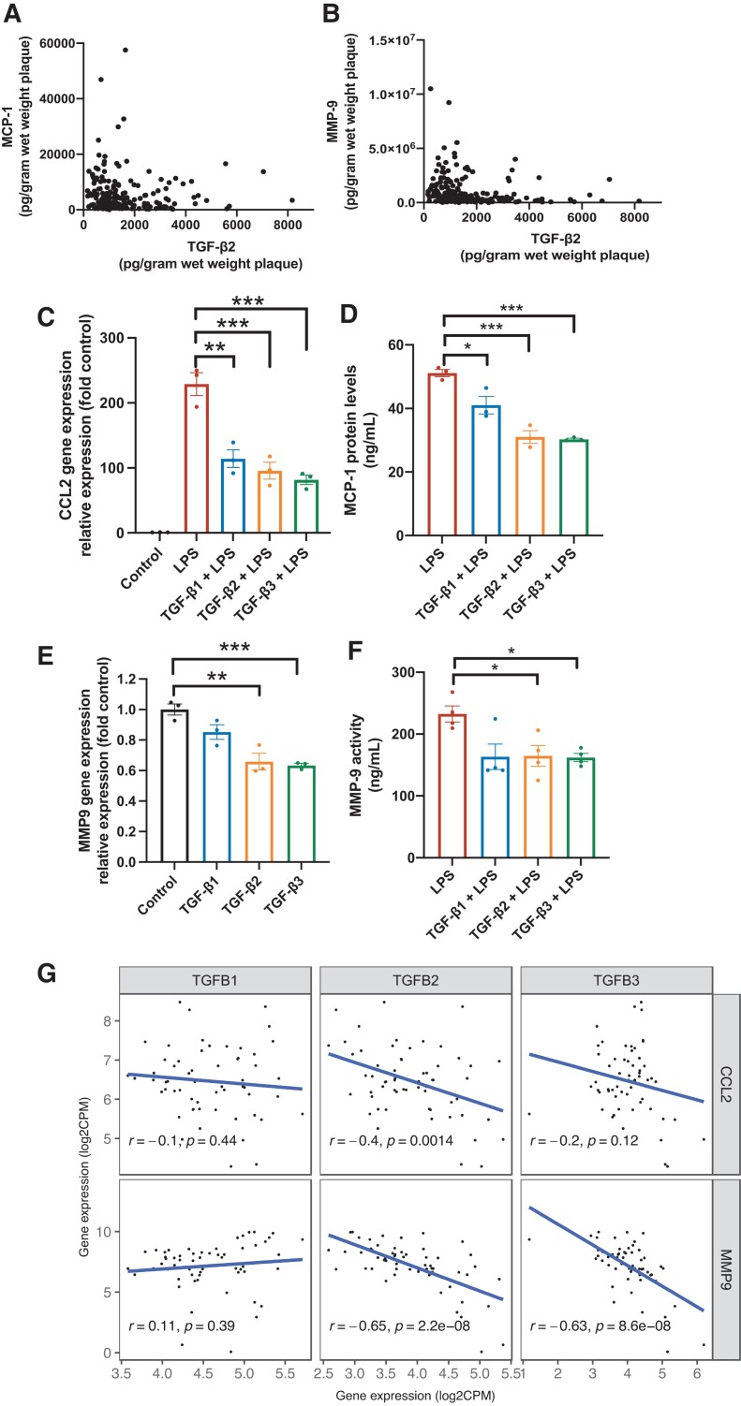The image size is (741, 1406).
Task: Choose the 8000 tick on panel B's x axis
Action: [637, 217]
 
